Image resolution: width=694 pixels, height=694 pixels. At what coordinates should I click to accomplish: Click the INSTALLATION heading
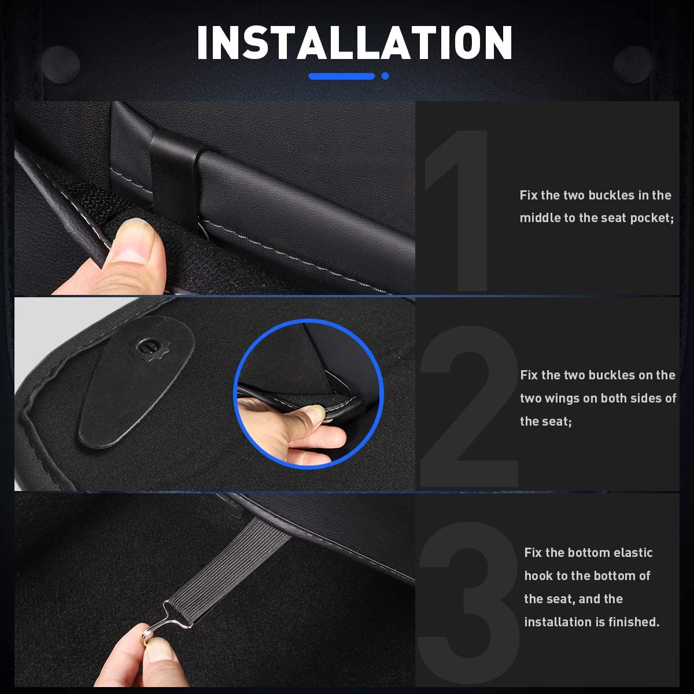coord(355,43)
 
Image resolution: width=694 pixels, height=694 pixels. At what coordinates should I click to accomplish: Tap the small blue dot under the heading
coord(385,76)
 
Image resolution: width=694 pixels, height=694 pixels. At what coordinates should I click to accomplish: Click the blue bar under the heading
coord(341,76)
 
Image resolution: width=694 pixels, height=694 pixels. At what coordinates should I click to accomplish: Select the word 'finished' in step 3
coord(632,622)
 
